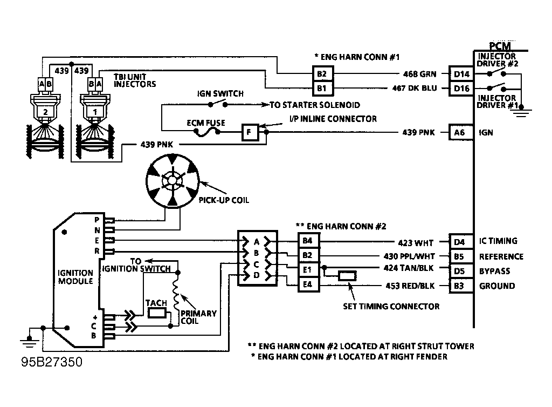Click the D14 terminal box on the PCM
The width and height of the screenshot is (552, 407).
[x=461, y=74]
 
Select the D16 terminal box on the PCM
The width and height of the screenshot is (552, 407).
[x=461, y=89]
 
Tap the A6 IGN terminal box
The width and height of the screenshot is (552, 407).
[x=461, y=132]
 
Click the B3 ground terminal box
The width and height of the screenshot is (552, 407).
[x=461, y=286]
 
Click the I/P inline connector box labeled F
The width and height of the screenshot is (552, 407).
[x=250, y=132]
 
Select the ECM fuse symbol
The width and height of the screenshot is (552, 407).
[x=208, y=132]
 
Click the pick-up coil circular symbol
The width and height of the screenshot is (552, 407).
[x=172, y=181]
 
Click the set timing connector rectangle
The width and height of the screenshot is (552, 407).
[x=347, y=276]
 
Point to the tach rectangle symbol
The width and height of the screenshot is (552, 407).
[x=157, y=313]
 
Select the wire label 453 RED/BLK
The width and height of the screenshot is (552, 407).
[x=410, y=286]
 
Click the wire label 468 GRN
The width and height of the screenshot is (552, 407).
[x=419, y=74]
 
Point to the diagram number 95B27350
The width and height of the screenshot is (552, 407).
[x=52, y=362]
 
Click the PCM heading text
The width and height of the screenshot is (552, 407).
[x=500, y=46]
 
